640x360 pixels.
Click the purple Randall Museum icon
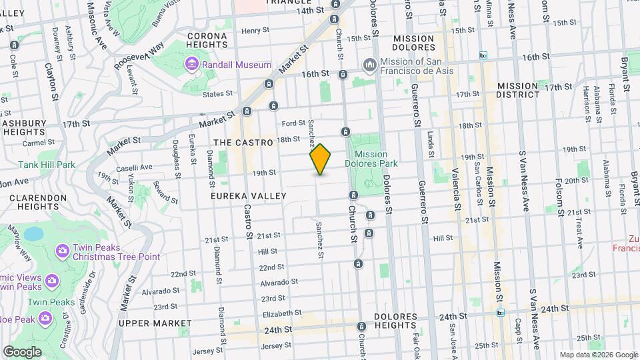click(x=192, y=64)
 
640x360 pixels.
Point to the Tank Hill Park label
click(x=37, y=165)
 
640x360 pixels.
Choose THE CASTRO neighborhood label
click(x=243, y=143)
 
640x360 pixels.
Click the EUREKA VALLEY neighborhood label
click(x=248, y=196)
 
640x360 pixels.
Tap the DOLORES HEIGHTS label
click(x=395, y=321)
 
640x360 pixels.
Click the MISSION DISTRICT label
click(x=517, y=90)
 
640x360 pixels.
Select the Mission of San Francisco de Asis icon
click(x=369, y=64)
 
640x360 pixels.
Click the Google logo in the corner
click(x=22, y=351)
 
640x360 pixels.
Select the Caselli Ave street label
click(x=136, y=167)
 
